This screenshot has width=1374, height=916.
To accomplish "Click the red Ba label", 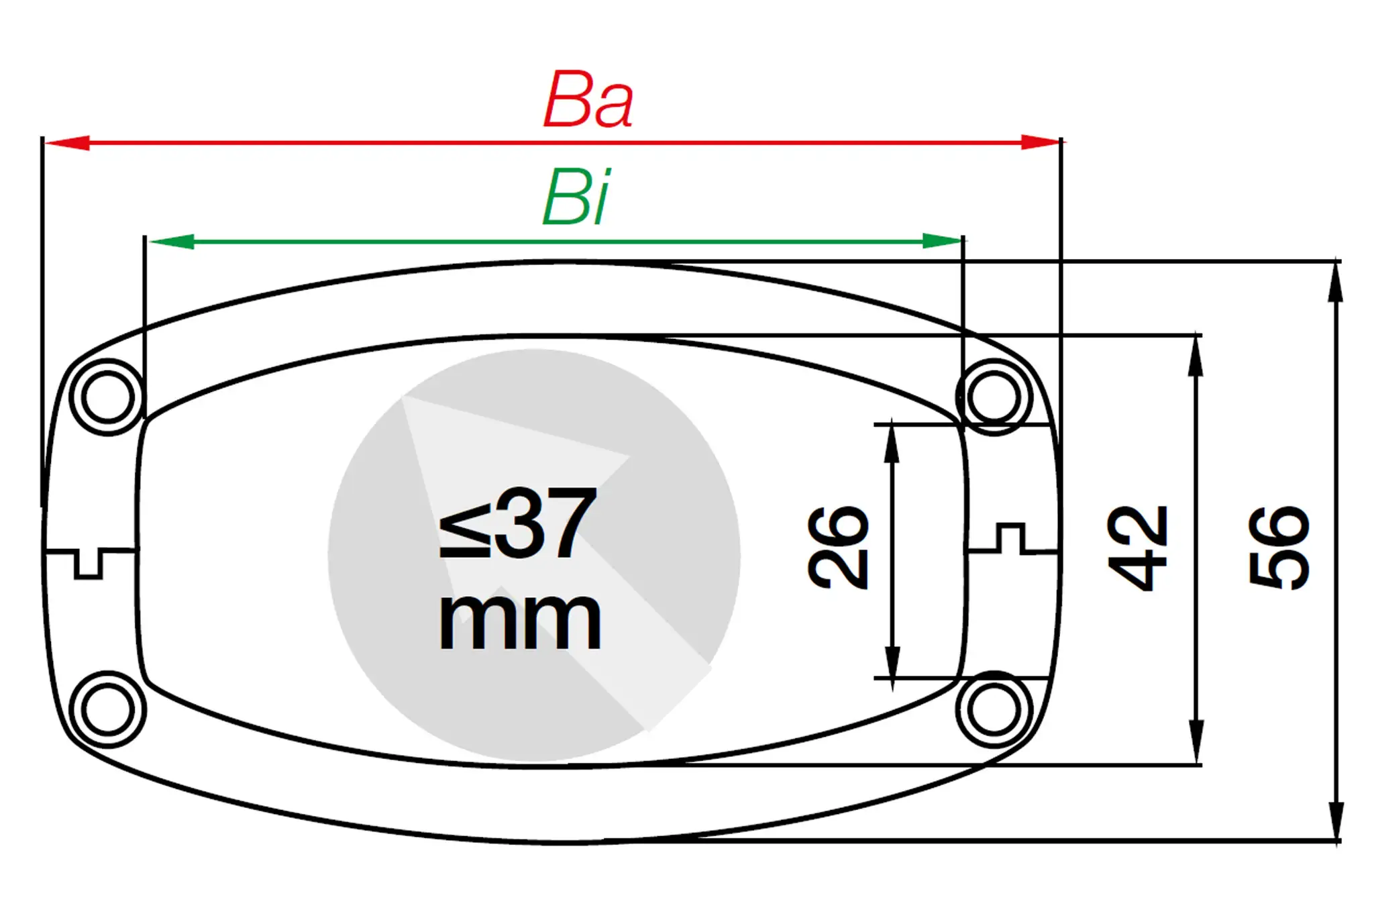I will click(588, 101).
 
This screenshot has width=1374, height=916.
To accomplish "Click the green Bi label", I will click(576, 198).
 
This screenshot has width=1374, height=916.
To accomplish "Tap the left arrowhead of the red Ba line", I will click(67, 143).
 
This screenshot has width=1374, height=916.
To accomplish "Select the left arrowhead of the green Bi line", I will click(170, 242).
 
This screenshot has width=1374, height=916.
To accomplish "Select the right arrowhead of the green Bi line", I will click(942, 242).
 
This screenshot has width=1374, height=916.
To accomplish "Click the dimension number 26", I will click(838, 548).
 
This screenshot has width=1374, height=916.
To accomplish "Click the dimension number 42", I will click(1138, 548).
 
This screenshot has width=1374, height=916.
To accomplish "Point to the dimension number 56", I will click(1279, 548).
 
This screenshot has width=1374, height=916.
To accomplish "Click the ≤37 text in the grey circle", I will click(517, 523).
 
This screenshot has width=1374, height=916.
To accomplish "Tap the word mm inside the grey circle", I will click(519, 621).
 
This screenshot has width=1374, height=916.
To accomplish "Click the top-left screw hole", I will click(107, 397).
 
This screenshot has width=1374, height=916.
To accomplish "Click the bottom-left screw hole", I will click(107, 709).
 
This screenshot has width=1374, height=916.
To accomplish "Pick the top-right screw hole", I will click(994, 397).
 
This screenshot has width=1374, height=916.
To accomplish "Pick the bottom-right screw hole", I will click(994, 709).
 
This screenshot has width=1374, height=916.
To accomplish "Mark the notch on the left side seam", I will click(88, 564).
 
